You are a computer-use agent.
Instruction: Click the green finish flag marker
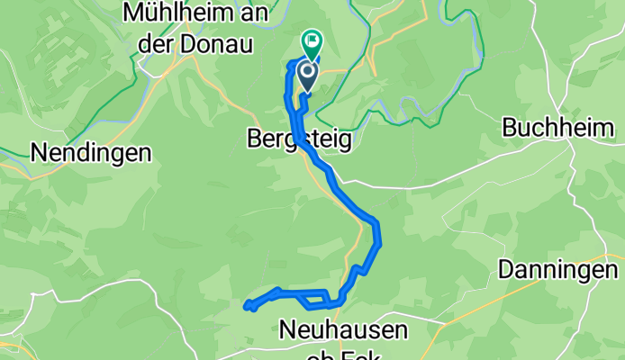312,40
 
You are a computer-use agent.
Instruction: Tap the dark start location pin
307,74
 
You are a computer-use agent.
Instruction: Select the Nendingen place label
90,153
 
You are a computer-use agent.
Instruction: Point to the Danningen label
558,269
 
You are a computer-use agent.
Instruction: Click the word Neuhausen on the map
343,329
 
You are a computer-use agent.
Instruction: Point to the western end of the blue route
246,306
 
